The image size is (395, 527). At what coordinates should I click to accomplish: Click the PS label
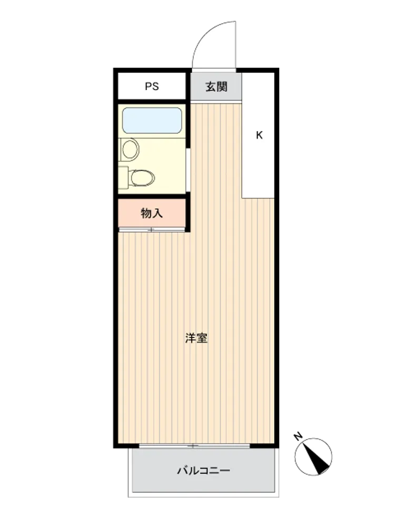pos(152,86)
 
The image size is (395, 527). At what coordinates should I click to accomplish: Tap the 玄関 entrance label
pos(216,87)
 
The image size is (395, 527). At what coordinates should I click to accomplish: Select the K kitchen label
pos(259,135)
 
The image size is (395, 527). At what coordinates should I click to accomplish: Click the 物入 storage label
pos(152,213)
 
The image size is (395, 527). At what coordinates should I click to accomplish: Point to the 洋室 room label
pos(196,338)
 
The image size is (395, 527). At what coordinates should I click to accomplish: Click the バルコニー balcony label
pos(203,470)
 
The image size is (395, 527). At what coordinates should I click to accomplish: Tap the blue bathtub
pos(152,120)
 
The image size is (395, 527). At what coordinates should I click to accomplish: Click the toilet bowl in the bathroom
pos(142,178)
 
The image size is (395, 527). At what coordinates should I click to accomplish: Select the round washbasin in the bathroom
pos(130,149)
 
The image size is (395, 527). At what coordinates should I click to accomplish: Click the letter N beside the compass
pos(298,436)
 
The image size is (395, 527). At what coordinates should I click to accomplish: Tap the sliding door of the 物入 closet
pos(152,230)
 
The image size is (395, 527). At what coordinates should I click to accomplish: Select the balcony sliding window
pos(194,446)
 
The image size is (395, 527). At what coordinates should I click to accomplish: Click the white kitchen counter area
pos(258,135)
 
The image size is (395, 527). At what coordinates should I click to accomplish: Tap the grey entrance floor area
pos(216,86)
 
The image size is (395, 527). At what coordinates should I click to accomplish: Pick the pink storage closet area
pos(152,213)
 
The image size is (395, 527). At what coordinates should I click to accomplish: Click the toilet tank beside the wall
pos(123,178)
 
